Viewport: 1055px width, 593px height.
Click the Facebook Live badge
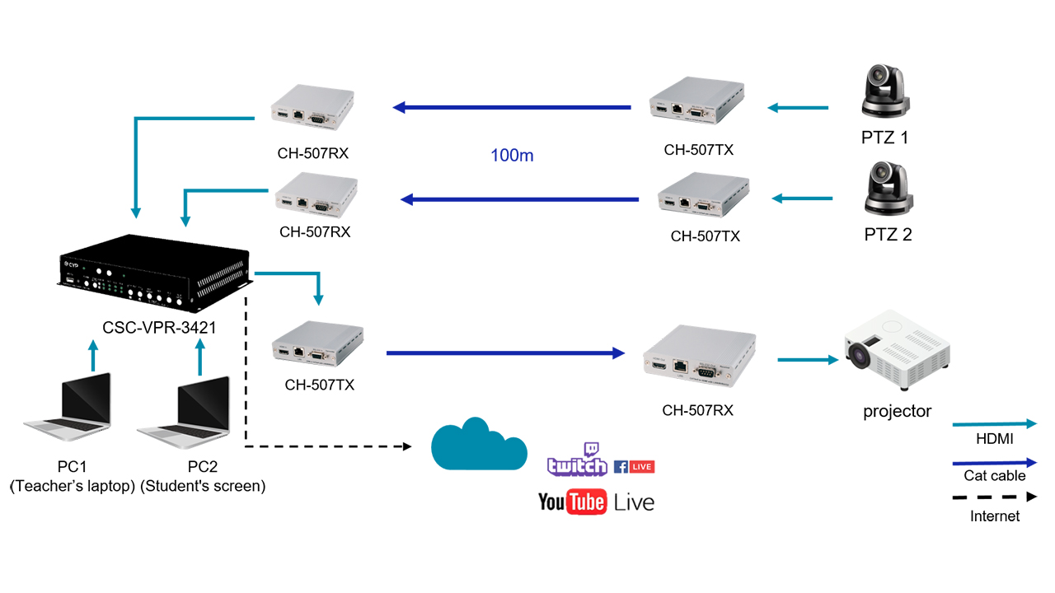click(634, 467)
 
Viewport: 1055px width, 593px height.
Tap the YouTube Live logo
click(596, 502)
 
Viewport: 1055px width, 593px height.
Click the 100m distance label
click(512, 155)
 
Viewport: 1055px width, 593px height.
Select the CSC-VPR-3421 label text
click(159, 327)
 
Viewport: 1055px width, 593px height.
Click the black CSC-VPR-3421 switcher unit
click(154, 273)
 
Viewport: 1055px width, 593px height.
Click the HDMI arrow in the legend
click(994, 424)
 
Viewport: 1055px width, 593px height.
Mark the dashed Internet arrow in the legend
click(994, 497)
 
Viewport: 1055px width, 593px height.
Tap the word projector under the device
click(897, 411)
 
